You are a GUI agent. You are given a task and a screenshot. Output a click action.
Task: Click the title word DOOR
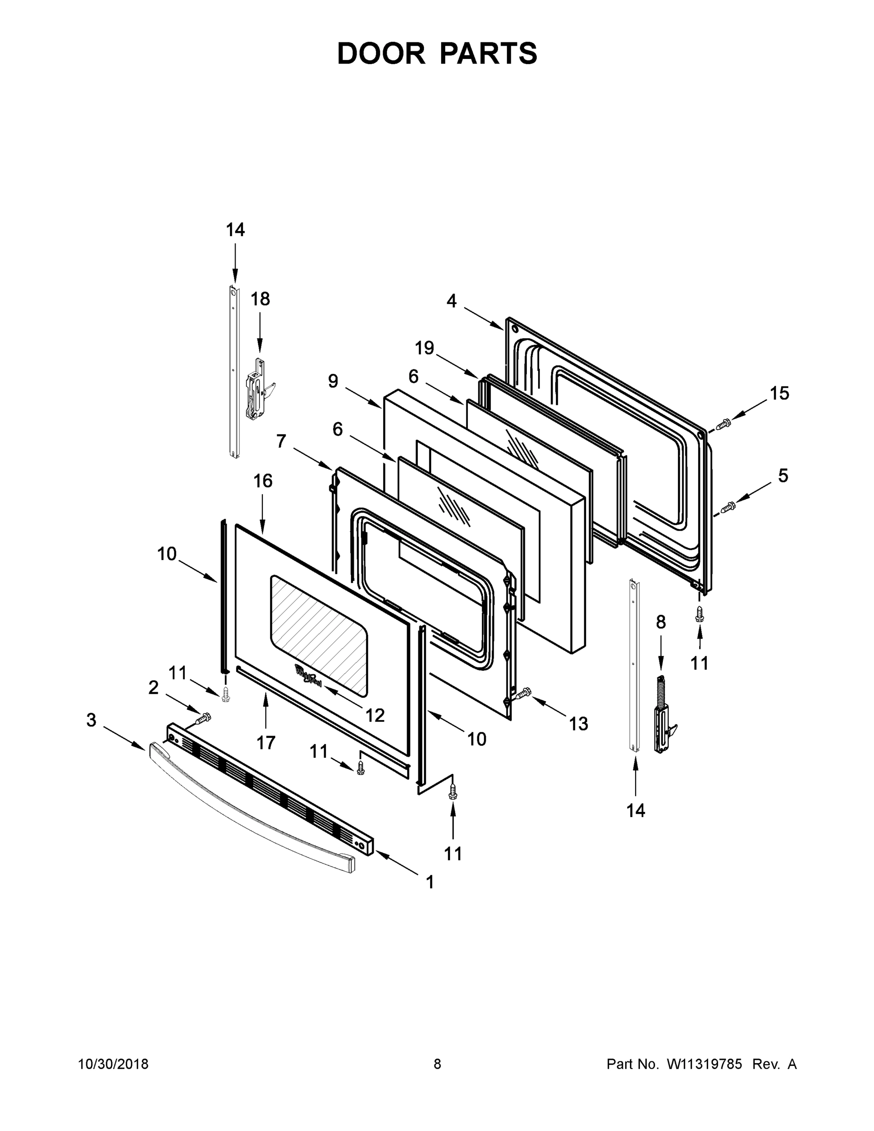pos(381,53)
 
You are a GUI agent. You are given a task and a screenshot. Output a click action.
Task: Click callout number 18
pos(260,299)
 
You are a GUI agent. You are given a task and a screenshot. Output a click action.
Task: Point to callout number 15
pos(779,393)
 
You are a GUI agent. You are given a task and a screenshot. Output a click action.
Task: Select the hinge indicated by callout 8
pos(662,714)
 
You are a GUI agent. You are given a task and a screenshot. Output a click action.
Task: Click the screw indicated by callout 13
pos(523,693)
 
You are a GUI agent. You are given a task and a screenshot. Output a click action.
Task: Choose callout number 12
pos(375,715)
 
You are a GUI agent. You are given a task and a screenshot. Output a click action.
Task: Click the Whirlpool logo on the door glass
pos(308,676)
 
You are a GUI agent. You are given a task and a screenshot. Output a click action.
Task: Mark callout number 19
pos(424,347)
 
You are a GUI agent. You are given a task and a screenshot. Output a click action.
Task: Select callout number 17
pos(266,743)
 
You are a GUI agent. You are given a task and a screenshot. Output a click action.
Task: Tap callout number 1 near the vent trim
pos(430,882)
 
